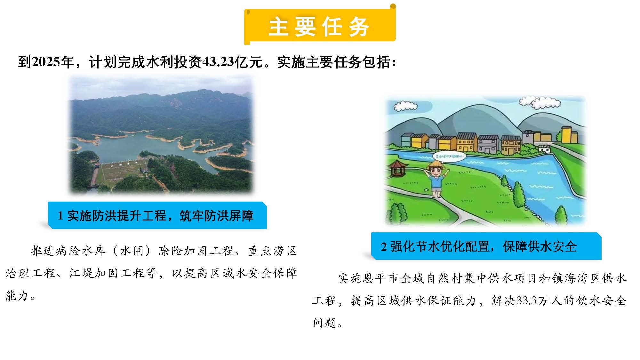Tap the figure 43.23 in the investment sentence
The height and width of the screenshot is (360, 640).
[218, 62]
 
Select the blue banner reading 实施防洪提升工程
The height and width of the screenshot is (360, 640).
[157, 215]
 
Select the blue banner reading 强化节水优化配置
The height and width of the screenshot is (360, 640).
[486, 246]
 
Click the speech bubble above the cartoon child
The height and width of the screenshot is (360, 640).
[449, 156]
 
